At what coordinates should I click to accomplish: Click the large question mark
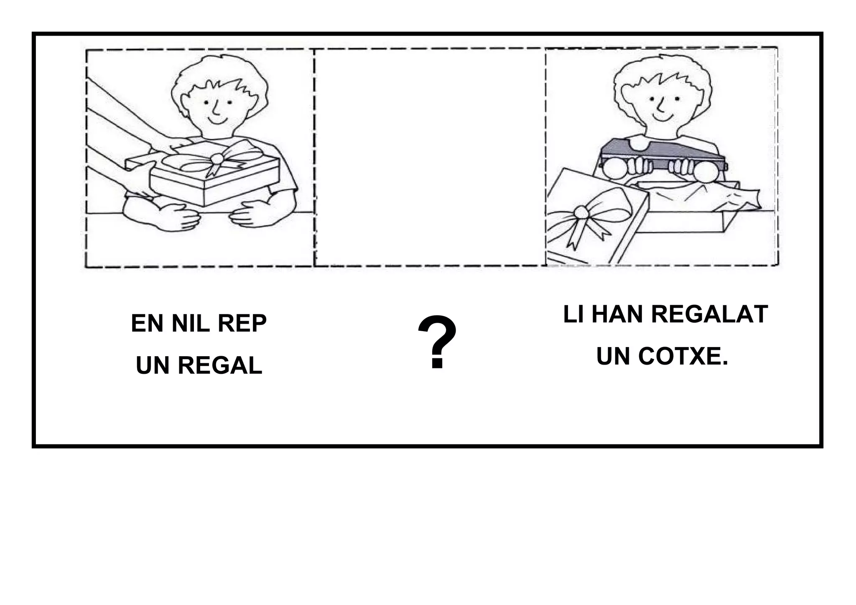[437, 343]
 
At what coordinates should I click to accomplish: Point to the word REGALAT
[709, 314]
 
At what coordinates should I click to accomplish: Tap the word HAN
[618, 314]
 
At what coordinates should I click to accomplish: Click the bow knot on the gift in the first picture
[217, 158]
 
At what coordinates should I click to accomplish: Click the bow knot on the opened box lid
[581, 212]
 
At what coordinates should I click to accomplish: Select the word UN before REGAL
[153, 366]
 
